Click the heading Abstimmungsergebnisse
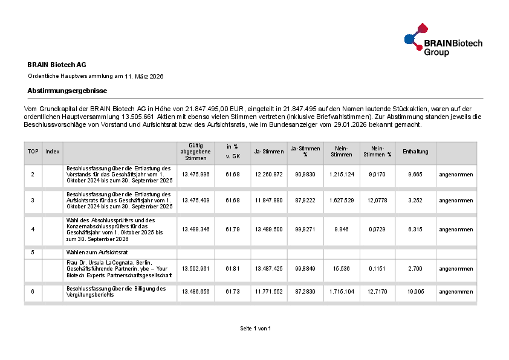pyautogui.click(x=67, y=90)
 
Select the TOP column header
pyautogui.click(x=33, y=151)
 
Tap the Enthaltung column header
pyautogui.click(x=415, y=151)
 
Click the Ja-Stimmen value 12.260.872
pyautogui.click(x=269, y=174)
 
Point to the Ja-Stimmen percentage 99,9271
pyautogui.click(x=305, y=230)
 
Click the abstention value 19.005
pyautogui.click(x=415, y=291)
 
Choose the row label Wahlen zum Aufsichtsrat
pyautogui.click(x=96, y=251)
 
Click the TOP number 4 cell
pyautogui.click(x=33, y=230)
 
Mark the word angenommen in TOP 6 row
pyautogui.click(x=456, y=291)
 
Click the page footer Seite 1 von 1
pyautogui.click(x=255, y=328)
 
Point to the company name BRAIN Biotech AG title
pyautogui.click(x=57, y=64)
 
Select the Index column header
pyautogui.click(x=53, y=151)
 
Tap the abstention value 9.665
pyautogui.click(x=415, y=174)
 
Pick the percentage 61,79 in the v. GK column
pyautogui.click(x=232, y=230)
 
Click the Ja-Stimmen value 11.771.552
pyautogui.click(x=269, y=291)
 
